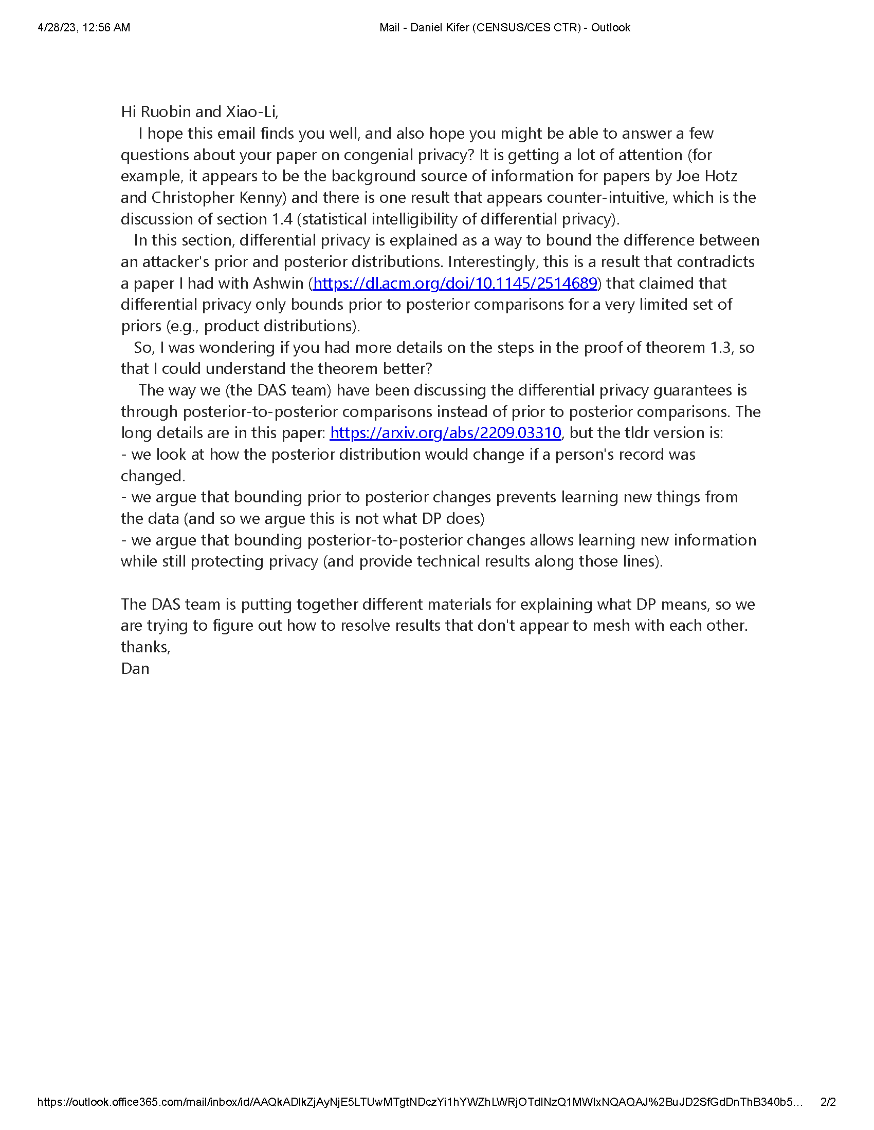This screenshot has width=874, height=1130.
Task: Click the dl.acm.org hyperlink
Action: pos(455,283)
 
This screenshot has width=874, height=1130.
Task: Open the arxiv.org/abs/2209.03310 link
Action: pos(445,432)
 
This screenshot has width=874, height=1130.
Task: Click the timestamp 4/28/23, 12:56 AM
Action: pos(84,27)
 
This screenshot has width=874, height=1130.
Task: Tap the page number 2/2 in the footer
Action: pos(828,1102)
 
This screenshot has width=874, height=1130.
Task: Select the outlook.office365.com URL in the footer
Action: pos(420,1102)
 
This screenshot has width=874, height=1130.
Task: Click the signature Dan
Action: pos(135,668)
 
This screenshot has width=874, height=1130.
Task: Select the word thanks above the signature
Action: pos(145,647)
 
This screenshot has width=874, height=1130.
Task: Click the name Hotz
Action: pos(720,176)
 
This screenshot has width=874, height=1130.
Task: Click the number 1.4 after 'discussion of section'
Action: pos(282,219)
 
